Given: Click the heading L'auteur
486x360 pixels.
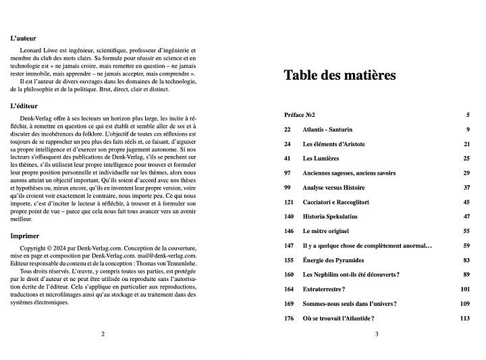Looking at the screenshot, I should tap(24, 38).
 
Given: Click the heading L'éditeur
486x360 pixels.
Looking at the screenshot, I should tap(24, 106).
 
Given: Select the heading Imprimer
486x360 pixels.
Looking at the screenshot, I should tap(25, 236).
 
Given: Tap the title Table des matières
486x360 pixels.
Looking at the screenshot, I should tap(339, 75).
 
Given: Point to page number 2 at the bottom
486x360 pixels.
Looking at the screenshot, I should tap(103, 334).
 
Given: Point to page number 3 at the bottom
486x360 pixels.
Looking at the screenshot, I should tap(377, 334).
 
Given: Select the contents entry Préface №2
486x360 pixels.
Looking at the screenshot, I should tap(300, 115).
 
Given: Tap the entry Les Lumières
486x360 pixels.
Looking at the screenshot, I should tap(321, 158).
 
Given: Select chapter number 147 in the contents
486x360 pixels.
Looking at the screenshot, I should tap(289, 245).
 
